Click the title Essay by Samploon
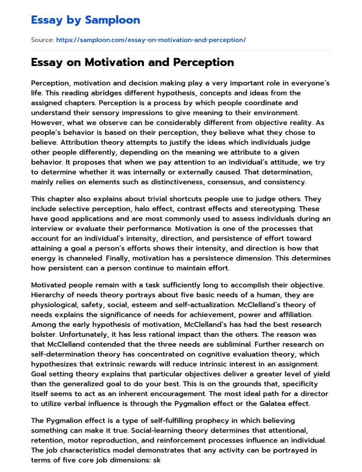point(86,20)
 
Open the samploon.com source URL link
point(151,40)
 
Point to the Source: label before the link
point(42,40)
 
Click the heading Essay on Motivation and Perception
point(132,62)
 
